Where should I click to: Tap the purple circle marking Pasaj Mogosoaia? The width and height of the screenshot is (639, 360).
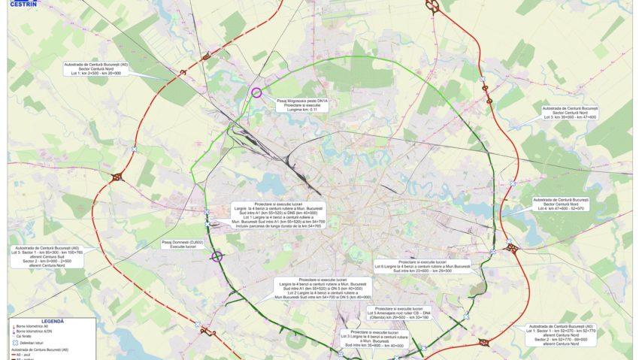point(256,93)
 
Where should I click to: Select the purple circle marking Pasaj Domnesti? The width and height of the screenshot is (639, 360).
point(217,256)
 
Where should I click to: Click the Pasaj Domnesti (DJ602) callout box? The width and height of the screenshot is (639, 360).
point(183,244)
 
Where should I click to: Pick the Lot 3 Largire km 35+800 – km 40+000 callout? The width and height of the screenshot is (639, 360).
point(374,339)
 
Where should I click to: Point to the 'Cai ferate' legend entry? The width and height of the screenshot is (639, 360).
point(30,336)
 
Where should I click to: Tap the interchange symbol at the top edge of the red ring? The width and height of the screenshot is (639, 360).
point(434,6)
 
